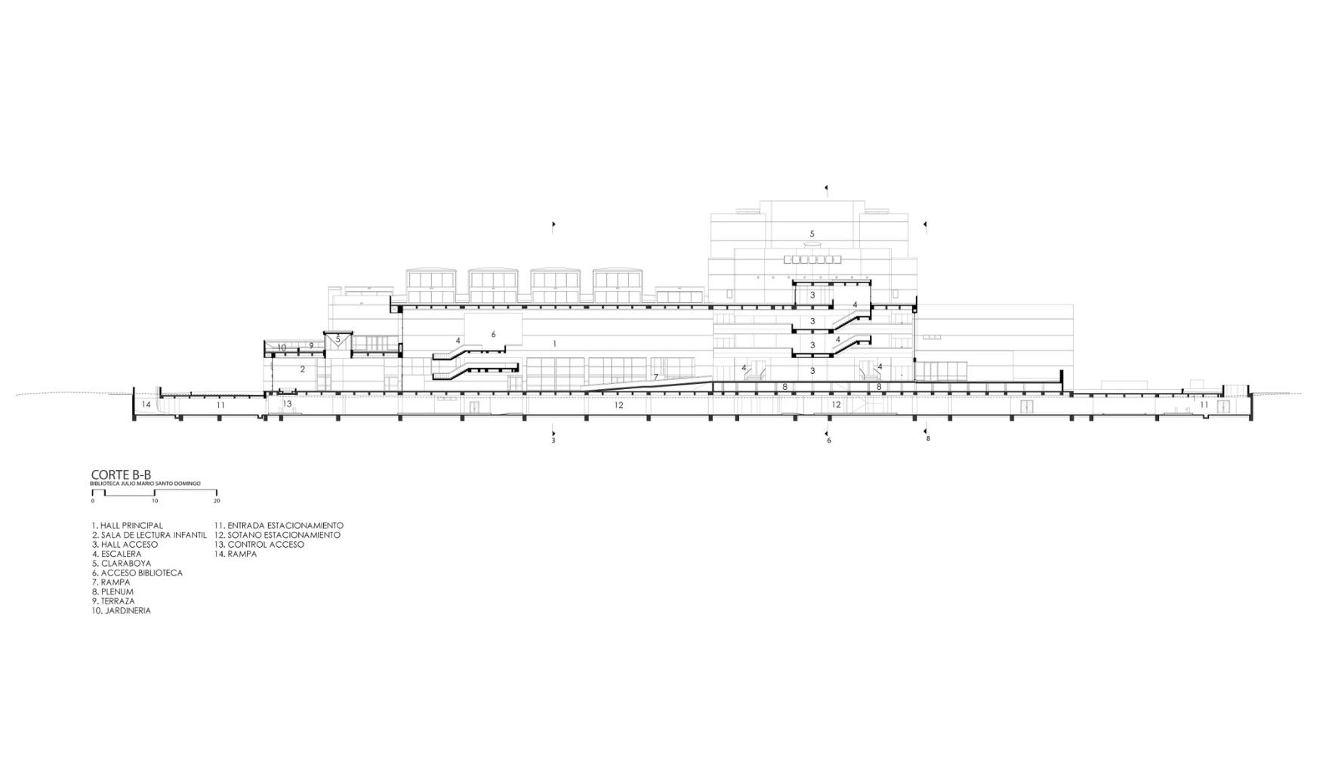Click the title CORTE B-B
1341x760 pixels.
tap(121, 474)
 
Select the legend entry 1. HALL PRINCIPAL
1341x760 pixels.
tap(127, 526)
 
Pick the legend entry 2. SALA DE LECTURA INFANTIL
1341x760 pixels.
tap(149, 535)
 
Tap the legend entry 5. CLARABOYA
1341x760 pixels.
tap(122, 564)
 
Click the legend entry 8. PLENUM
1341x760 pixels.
tap(113, 592)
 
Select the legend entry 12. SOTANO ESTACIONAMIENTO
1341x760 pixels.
tap(277, 535)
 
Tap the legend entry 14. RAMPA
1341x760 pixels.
tap(236, 554)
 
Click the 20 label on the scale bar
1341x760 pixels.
tap(217, 501)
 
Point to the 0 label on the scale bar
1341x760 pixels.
tap(93, 501)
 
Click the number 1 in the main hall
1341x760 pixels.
tap(555, 344)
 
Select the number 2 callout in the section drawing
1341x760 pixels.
tap(303, 369)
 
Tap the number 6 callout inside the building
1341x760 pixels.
tap(494, 334)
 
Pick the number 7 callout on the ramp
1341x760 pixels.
tap(655, 377)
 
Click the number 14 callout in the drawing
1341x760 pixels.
tap(146, 405)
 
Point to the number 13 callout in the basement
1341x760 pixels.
tap(287, 404)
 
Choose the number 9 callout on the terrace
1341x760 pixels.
tap(311, 346)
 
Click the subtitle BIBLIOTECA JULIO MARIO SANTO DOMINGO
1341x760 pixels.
tap(145, 483)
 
